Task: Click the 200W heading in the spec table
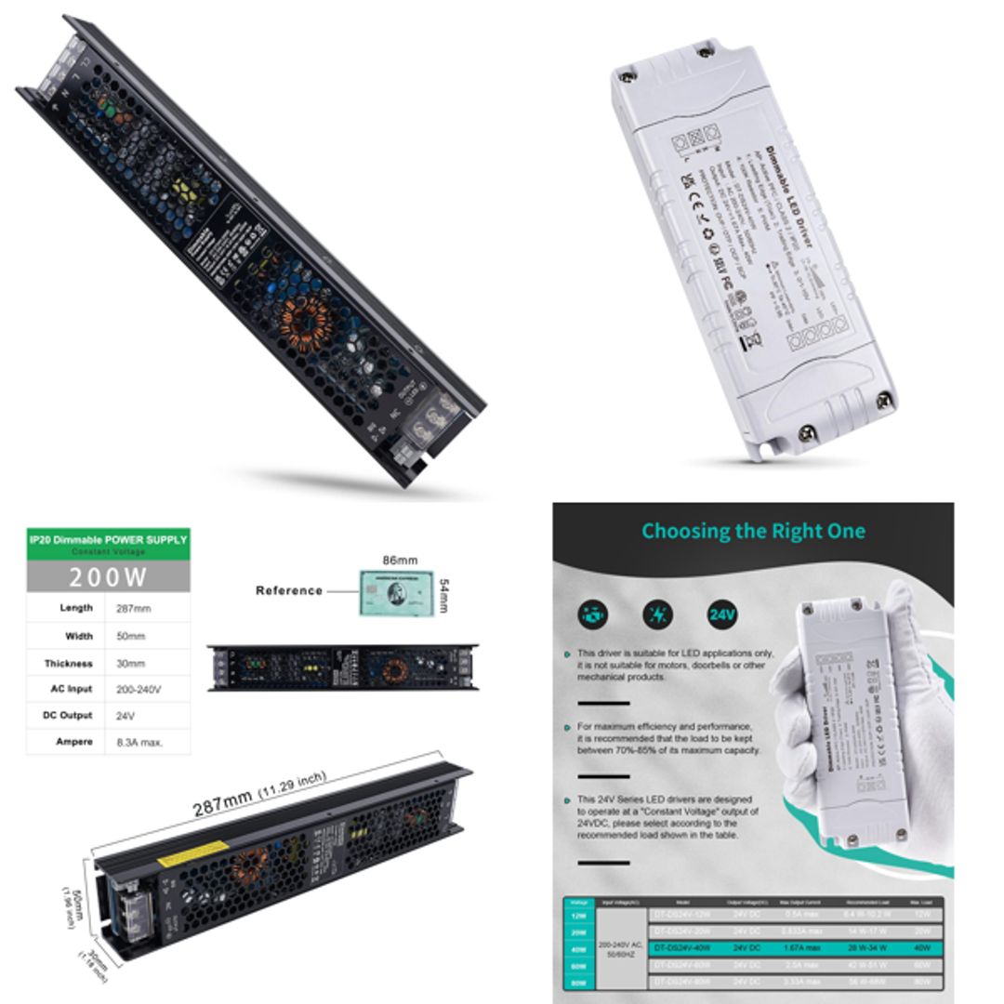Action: (x=108, y=577)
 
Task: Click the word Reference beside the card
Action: (x=289, y=590)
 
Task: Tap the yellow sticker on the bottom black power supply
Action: (x=192, y=853)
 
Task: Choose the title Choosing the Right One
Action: (x=753, y=532)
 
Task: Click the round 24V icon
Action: (x=721, y=614)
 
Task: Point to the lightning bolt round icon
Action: (x=658, y=614)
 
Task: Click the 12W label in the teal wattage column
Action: (x=578, y=916)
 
